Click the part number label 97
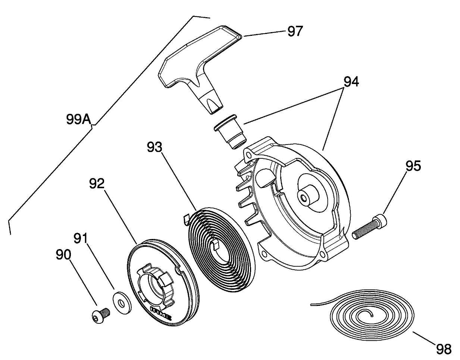pos(295,31)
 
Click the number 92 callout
pos(97,183)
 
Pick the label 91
pos(81,238)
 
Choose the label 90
pos(63,255)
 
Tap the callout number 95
pos(413,166)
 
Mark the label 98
pos(444,349)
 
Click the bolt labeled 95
pos(369,226)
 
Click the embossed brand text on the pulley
pos(160,313)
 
